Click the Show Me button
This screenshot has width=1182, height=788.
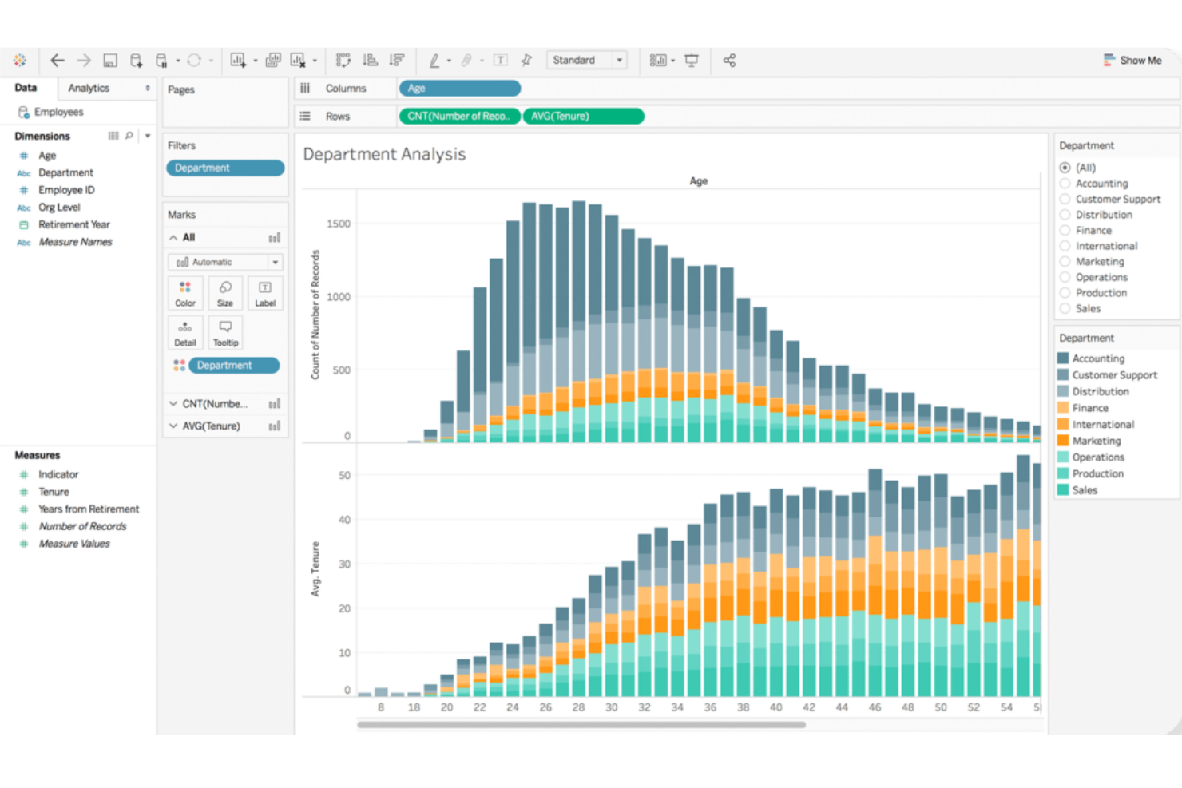coord(1132,61)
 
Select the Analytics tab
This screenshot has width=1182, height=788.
coord(89,89)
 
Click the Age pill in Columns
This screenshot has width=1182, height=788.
coord(459,89)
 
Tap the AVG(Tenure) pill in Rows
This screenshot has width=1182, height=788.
coord(582,117)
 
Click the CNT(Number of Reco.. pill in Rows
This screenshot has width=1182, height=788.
coord(459,117)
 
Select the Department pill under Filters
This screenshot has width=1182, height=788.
coord(225,168)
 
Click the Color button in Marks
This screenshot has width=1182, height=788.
coord(185,293)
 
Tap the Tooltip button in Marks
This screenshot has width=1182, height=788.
coord(225,332)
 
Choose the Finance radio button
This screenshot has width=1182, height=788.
coord(1065,231)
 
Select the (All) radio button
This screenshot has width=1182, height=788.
coord(1065,168)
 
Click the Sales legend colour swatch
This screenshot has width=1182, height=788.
coord(1063,490)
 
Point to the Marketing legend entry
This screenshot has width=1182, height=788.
coord(1096,441)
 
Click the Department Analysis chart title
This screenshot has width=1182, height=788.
coord(384,155)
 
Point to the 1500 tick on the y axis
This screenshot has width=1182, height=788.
coord(338,224)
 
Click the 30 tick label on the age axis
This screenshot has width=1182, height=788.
coord(611,707)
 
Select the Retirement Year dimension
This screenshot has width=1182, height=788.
coord(73,225)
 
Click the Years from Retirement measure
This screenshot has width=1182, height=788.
coord(88,509)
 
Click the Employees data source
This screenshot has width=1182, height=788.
coord(58,113)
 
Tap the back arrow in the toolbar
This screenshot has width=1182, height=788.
coord(58,61)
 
